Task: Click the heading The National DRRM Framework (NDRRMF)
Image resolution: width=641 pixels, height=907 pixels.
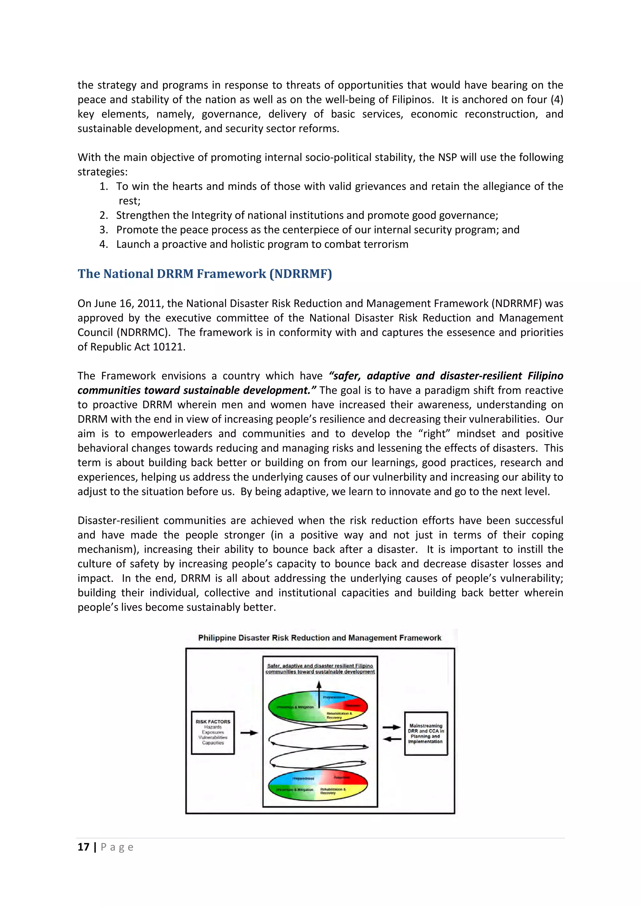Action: click(204, 274)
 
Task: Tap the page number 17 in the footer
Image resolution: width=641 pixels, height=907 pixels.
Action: click(83, 847)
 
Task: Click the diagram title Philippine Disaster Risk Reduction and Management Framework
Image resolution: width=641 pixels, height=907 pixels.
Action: click(320, 638)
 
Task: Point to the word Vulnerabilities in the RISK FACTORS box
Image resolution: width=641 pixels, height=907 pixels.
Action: click(213, 737)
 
